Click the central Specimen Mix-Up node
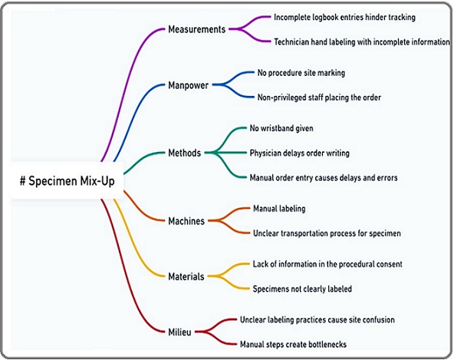(67, 181)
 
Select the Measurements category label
(196, 29)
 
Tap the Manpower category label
(188, 85)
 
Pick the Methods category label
(184, 153)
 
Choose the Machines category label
(186, 221)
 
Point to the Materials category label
(186, 276)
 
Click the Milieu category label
(179, 332)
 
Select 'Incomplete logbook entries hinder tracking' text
(344, 18)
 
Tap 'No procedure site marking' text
(301, 73)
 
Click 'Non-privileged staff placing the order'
(319, 97)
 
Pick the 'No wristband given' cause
(281, 128)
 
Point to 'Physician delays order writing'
(299, 153)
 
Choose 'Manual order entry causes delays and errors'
(324, 177)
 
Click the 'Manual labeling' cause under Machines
(279, 209)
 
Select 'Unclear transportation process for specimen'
(327, 233)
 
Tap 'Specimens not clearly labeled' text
(302, 289)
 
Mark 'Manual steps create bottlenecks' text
(293, 345)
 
